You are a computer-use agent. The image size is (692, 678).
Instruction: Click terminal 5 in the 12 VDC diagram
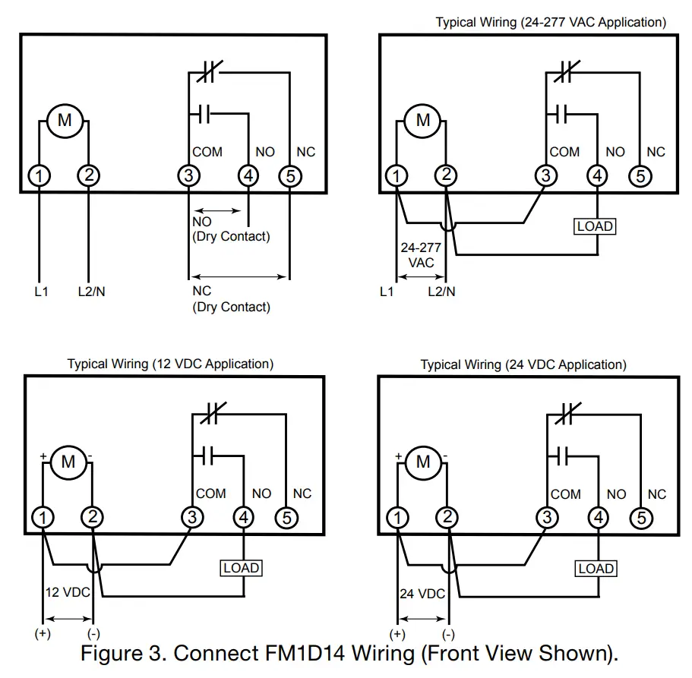[x=286, y=518]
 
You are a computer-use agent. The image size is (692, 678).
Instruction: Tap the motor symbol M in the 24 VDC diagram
[x=423, y=462]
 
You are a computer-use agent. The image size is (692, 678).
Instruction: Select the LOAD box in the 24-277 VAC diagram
[x=595, y=226]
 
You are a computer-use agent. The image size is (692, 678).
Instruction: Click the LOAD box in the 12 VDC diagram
[x=242, y=568]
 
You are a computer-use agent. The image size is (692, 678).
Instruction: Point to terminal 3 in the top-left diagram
[x=188, y=176]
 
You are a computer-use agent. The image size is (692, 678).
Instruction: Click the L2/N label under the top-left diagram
[x=92, y=291]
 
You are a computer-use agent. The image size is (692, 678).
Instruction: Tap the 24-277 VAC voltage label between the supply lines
[x=421, y=254]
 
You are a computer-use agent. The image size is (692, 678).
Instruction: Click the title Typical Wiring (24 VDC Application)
[x=523, y=365]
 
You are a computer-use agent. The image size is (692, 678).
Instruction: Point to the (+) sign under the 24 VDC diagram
[x=397, y=634]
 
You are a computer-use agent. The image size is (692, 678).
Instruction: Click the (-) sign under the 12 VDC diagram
[x=93, y=634]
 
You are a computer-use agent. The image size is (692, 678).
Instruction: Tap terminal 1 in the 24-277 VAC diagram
[x=396, y=176]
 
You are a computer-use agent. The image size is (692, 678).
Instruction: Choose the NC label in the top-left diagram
[x=305, y=153]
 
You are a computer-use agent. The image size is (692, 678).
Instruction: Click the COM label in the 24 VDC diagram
[x=565, y=494]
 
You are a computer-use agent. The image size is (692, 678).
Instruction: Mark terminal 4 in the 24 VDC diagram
[x=599, y=519]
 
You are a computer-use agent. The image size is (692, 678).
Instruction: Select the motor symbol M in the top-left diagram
[x=65, y=120]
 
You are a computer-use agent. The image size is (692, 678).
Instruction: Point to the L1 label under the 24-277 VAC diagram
[x=387, y=292]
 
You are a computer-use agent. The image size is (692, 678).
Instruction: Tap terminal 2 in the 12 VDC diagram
[x=93, y=518]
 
